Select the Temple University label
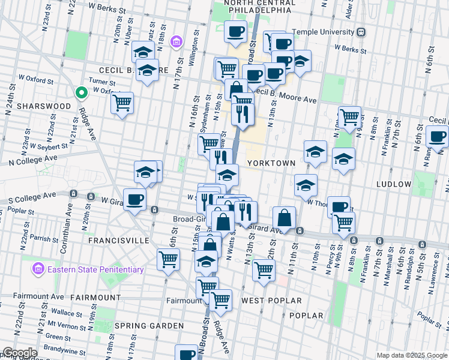[323, 32]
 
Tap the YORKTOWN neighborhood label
[271, 163]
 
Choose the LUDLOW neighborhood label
[394, 184]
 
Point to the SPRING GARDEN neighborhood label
[149, 326]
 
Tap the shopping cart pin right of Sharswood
[122, 103]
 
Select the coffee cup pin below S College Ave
[134, 199]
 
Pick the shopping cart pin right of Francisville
[168, 260]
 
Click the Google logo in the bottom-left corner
[19, 353]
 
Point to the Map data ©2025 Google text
[412, 356]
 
